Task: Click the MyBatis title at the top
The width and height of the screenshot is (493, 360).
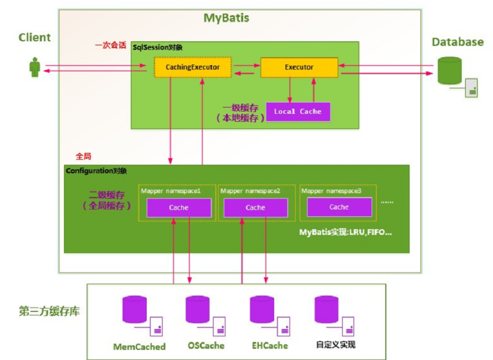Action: click(x=227, y=18)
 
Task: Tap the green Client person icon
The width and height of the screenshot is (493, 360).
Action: click(x=35, y=67)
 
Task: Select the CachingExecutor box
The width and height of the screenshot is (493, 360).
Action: click(x=192, y=67)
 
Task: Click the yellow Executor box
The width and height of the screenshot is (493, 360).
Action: click(x=299, y=67)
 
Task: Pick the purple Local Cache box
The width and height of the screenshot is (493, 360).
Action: click(x=298, y=112)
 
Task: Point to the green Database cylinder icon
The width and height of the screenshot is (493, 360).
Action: click(x=450, y=71)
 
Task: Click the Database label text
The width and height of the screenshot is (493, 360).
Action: click(x=457, y=42)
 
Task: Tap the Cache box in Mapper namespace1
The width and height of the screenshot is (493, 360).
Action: click(x=178, y=208)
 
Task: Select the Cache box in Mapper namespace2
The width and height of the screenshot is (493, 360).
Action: click(x=255, y=208)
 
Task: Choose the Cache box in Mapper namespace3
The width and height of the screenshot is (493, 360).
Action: click(x=339, y=207)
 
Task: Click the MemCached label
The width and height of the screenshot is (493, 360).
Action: click(x=139, y=347)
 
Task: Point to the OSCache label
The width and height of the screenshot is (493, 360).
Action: click(x=206, y=346)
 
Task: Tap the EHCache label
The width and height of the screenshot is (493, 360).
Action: click(x=270, y=346)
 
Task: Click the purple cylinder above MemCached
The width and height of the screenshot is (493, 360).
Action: click(x=134, y=310)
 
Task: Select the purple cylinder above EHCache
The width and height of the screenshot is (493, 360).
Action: click(x=262, y=310)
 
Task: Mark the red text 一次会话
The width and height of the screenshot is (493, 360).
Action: click(x=110, y=46)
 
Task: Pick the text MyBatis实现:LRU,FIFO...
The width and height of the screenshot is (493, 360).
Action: click(x=345, y=232)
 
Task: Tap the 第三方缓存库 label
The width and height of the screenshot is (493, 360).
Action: click(x=49, y=311)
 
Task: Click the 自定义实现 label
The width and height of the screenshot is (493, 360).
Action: click(x=336, y=345)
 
